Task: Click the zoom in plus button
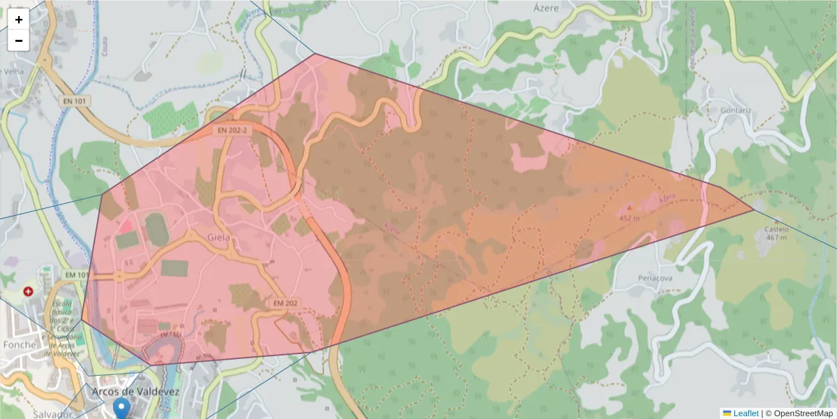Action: [19, 20]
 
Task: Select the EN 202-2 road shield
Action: [232, 130]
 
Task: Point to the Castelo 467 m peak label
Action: [776, 233]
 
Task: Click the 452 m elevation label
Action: [629, 218]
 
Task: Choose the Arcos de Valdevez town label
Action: [135, 392]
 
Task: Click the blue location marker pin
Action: [122, 409]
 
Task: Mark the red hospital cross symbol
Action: [28, 291]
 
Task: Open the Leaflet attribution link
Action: [745, 413]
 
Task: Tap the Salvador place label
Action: [22, 414]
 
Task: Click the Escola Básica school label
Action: [62, 307]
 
